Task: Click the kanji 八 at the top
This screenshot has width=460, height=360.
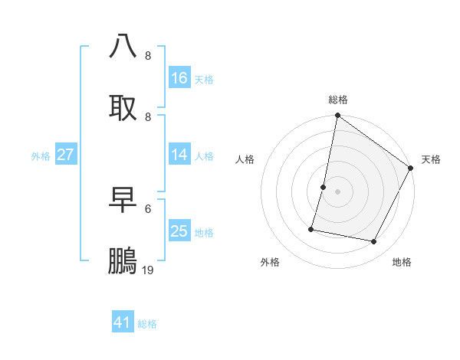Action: (x=123, y=47)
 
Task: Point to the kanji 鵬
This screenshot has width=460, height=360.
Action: (x=123, y=261)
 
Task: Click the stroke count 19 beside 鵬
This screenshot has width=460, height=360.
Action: (x=148, y=270)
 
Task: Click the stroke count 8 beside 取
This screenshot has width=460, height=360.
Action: (x=148, y=116)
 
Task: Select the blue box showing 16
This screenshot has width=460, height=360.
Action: (x=179, y=78)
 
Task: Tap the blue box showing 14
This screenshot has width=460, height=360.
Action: (x=179, y=155)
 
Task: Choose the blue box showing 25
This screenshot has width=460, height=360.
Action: (x=179, y=231)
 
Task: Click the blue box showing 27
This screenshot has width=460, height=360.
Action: (x=66, y=155)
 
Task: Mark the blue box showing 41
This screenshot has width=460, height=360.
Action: (x=123, y=322)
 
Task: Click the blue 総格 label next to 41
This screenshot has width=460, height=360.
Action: (x=147, y=324)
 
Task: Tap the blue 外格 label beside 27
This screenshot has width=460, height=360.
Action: (x=41, y=156)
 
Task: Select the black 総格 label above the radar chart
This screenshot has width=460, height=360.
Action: (x=338, y=100)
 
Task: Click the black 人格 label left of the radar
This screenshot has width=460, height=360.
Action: (x=245, y=159)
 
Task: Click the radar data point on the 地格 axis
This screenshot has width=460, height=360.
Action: (x=374, y=242)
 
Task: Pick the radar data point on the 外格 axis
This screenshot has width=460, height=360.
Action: (x=312, y=228)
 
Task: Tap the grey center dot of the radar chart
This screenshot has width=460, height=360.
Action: (x=337, y=191)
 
